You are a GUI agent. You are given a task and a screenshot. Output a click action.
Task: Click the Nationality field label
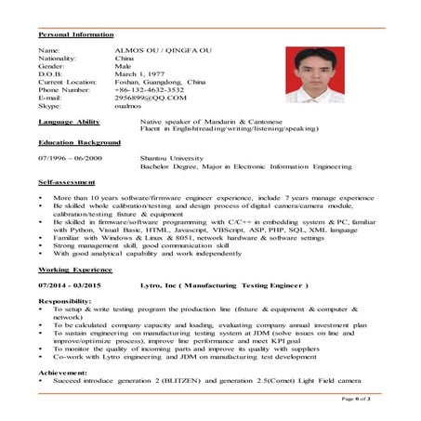coord(57,58)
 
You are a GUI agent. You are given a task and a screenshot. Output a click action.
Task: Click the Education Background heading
coord(78,143)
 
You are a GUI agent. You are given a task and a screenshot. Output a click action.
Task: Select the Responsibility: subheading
coord(64,302)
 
